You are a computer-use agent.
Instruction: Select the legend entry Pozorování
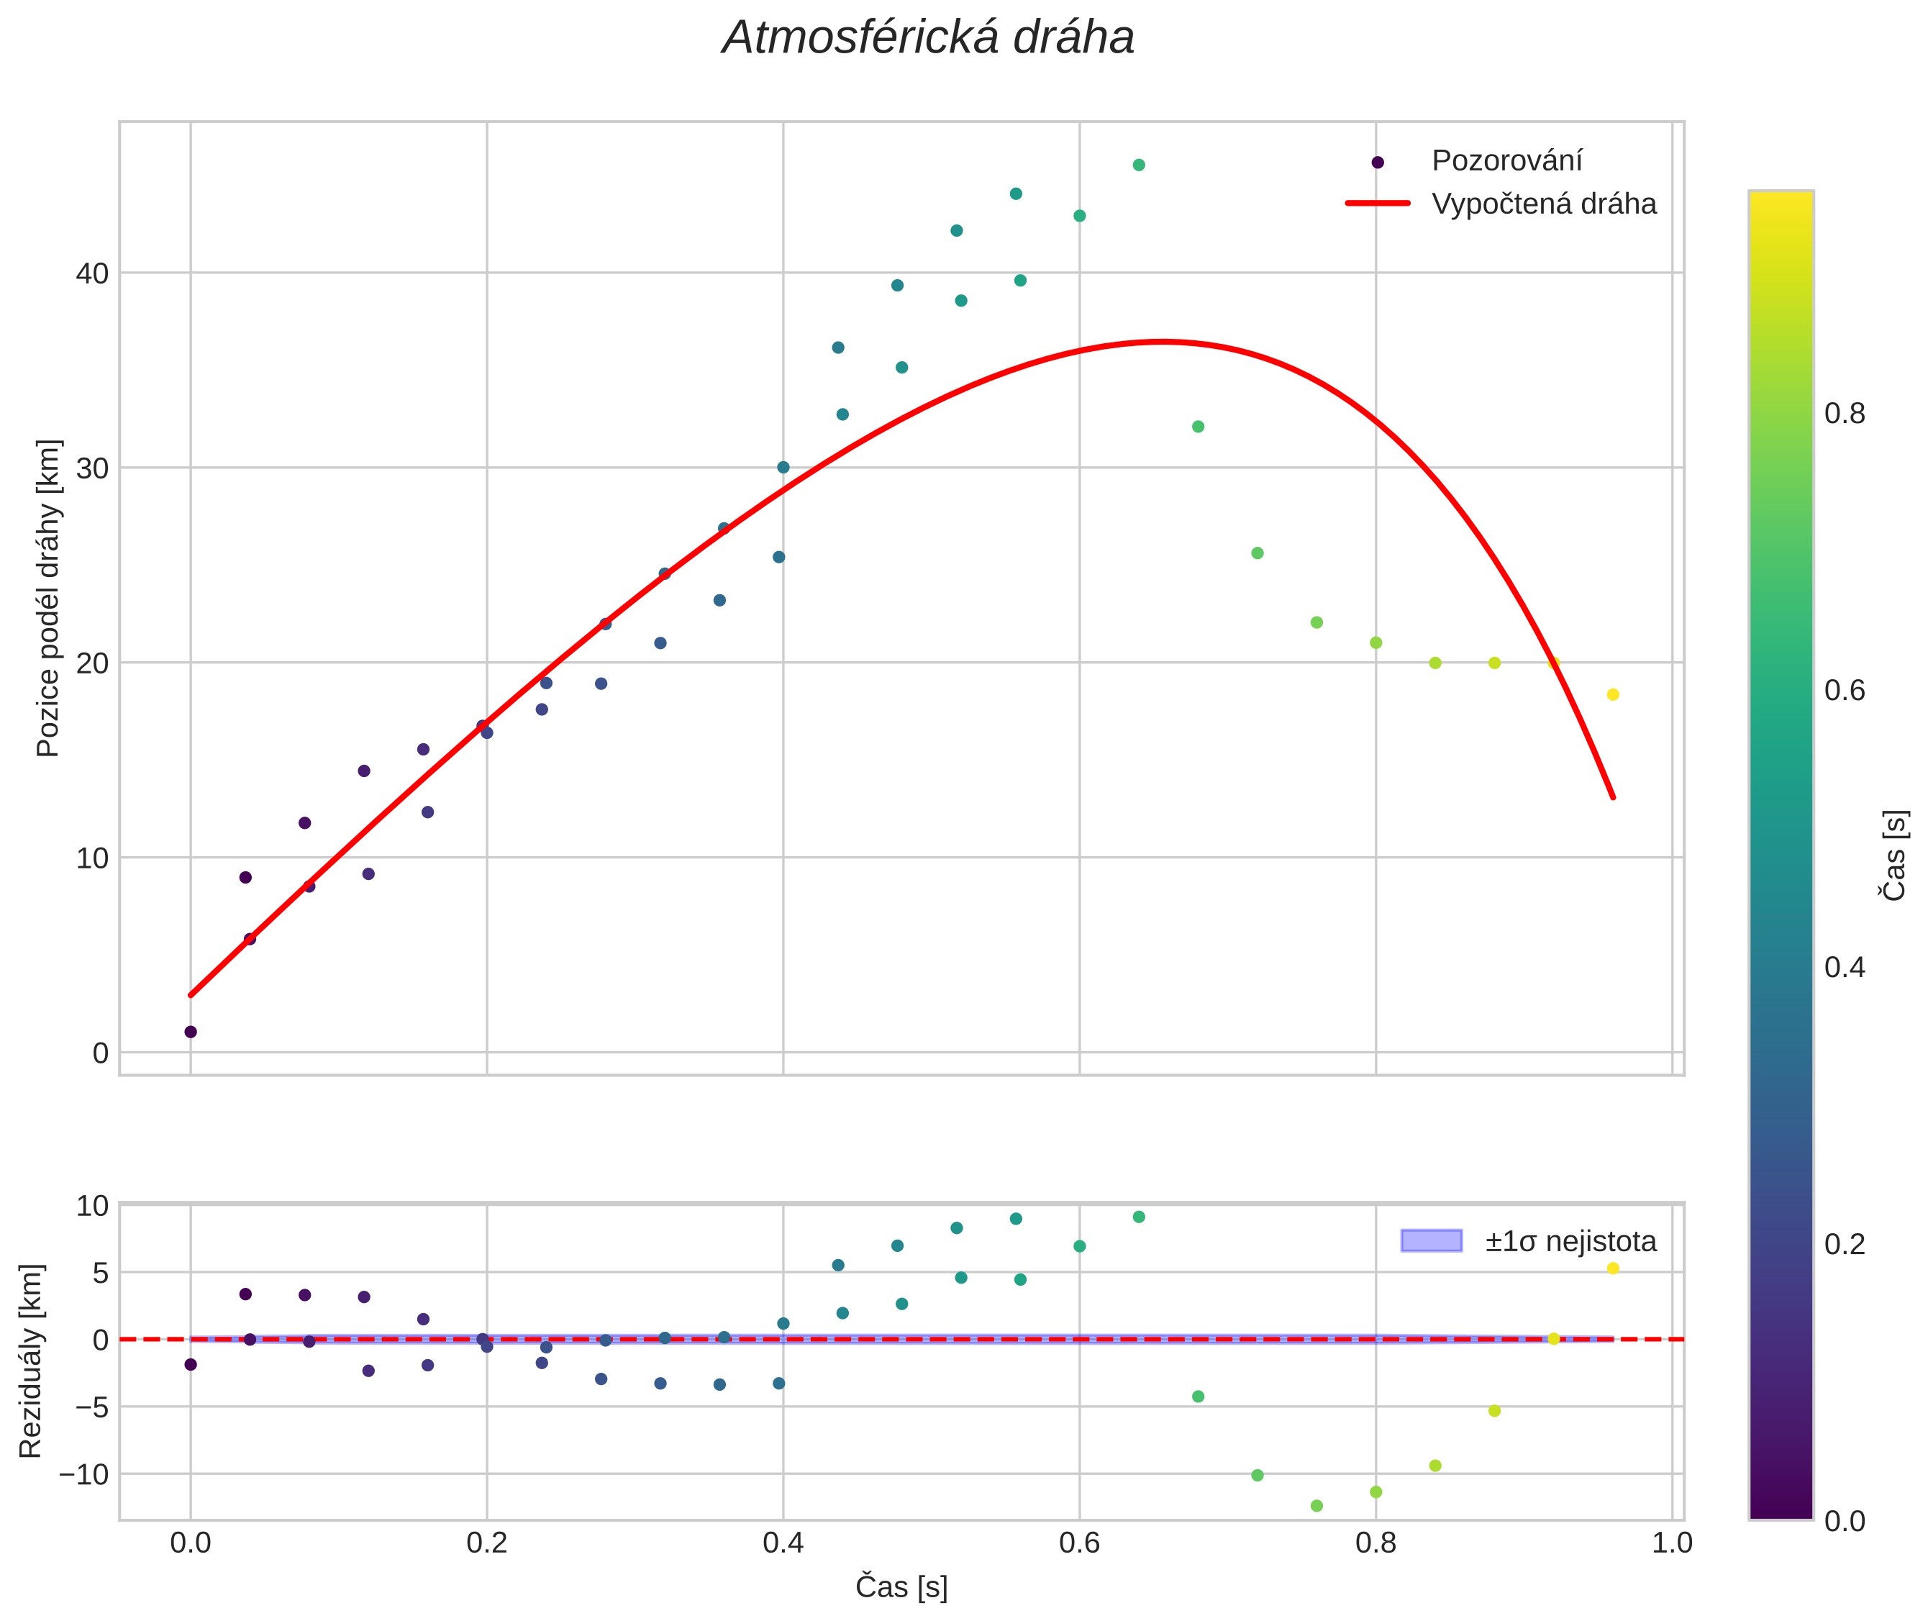pos(1506,161)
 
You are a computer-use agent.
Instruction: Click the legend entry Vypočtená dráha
pos(1543,204)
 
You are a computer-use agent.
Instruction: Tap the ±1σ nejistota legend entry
pos(1570,1242)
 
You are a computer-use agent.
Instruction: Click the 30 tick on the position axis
pos(92,468)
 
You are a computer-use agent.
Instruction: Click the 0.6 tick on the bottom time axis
pos(1079,1543)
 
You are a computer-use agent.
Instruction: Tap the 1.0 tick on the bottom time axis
pos(1672,1543)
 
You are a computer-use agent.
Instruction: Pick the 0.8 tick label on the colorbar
pos(1845,414)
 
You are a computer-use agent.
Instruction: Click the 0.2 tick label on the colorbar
pos(1845,1244)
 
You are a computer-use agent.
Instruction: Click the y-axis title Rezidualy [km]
pos(30,1361)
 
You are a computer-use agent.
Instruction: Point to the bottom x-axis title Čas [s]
pos(901,1587)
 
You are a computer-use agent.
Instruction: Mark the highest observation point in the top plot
pos(1139,165)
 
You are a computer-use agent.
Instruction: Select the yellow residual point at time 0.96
pos(1612,1269)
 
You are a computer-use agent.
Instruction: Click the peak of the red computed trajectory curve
pos(1163,342)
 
